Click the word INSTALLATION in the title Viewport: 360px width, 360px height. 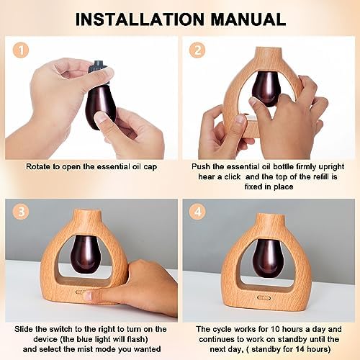click(140, 19)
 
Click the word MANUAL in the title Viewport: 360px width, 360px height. click(248, 19)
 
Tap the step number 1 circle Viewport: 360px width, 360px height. click(21, 50)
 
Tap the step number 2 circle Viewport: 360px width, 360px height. click(197, 50)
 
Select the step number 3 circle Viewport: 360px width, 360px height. click(22, 212)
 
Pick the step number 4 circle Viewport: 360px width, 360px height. click(197, 212)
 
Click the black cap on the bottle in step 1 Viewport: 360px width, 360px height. click(97, 66)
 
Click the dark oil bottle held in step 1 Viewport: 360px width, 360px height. click(101, 103)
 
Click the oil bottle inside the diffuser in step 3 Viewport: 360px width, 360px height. click(86, 254)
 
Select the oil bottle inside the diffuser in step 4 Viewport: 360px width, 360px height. click(269, 258)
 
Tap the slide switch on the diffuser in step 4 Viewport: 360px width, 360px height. click(264, 298)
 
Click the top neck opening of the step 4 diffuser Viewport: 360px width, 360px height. click(269, 215)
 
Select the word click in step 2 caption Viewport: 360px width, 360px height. click(232, 177)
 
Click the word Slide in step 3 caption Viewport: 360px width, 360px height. click(24, 329)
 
